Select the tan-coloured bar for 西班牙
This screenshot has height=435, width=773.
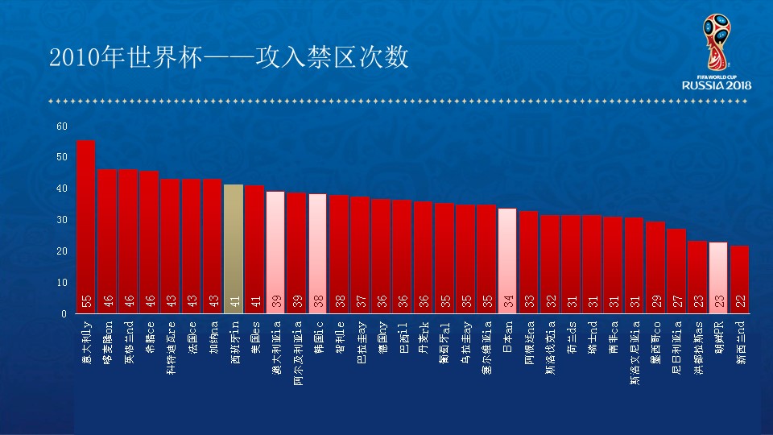click(x=233, y=249)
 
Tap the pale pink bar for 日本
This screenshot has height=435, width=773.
click(x=507, y=261)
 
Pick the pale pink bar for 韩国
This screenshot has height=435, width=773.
click(x=317, y=254)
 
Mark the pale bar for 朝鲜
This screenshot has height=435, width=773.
click(x=717, y=278)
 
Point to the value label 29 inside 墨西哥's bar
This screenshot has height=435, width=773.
click(x=655, y=300)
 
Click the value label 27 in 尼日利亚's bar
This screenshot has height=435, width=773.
click(x=676, y=300)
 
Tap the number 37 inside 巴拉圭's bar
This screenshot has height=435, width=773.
click(x=360, y=300)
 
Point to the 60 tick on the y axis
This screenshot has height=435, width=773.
click(x=62, y=126)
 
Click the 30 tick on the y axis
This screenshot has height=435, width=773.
click(x=62, y=220)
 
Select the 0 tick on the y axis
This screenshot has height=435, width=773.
click(x=64, y=314)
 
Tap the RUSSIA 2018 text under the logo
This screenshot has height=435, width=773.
click(x=717, y=85)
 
